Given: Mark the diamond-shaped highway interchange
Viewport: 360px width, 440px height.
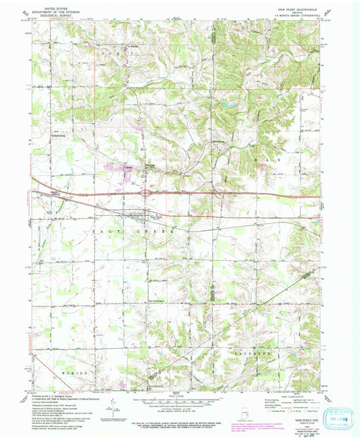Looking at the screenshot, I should coord(147,192).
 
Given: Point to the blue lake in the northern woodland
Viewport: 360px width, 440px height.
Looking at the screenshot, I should coord(224,105).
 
